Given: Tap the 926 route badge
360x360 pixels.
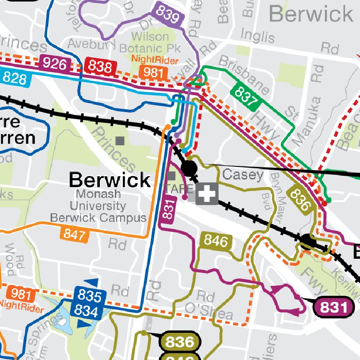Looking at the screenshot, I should click(55, 64).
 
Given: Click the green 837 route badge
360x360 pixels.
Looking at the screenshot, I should click(247, 96).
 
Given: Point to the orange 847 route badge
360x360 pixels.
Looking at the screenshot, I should click(75, 234).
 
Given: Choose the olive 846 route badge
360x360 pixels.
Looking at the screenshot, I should click(216, 241).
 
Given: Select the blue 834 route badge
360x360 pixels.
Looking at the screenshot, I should click(89, 310).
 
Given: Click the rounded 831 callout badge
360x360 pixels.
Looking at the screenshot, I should click(333, 307).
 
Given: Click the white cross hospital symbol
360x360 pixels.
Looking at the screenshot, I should click(207, 194).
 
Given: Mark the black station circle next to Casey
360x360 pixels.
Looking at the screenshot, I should click(189, 168).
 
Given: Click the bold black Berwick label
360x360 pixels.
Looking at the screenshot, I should click(110, 180).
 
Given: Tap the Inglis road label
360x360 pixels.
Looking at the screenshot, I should click(257, 36).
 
